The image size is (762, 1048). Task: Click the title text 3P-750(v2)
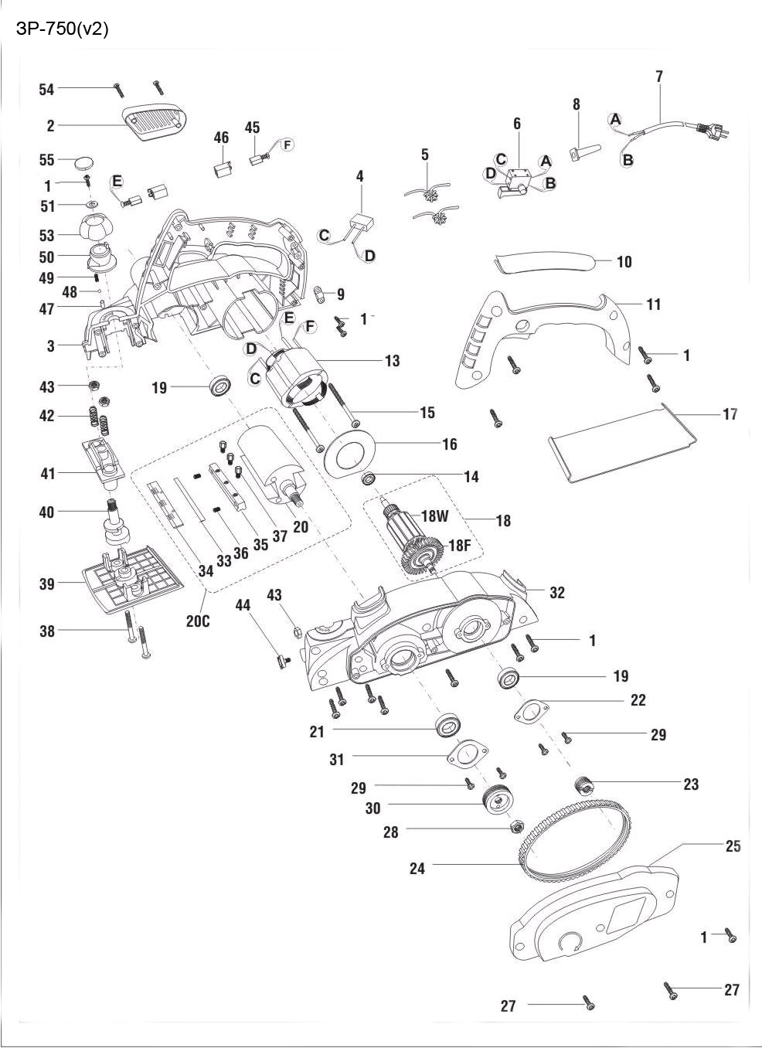62,29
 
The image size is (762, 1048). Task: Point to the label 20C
198,620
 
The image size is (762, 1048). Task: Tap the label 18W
435,517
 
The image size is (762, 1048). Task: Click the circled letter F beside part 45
286,145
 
